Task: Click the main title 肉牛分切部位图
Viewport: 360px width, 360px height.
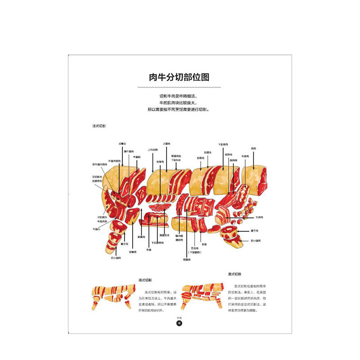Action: coord(180,77)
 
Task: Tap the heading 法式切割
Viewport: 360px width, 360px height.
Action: coord(99,126)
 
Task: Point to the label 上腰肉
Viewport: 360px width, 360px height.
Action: coord(166,144)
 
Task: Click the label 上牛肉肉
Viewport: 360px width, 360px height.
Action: coord(153,150)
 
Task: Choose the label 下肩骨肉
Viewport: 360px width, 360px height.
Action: coord(223,144)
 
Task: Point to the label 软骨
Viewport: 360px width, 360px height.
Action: coord(204,244)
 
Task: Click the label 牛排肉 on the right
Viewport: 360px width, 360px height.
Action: coord(259,217)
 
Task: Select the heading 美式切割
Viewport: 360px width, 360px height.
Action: coord(234,274)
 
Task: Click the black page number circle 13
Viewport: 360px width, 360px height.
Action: coord(179,323)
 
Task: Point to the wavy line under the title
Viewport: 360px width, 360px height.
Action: coord(180,87)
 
